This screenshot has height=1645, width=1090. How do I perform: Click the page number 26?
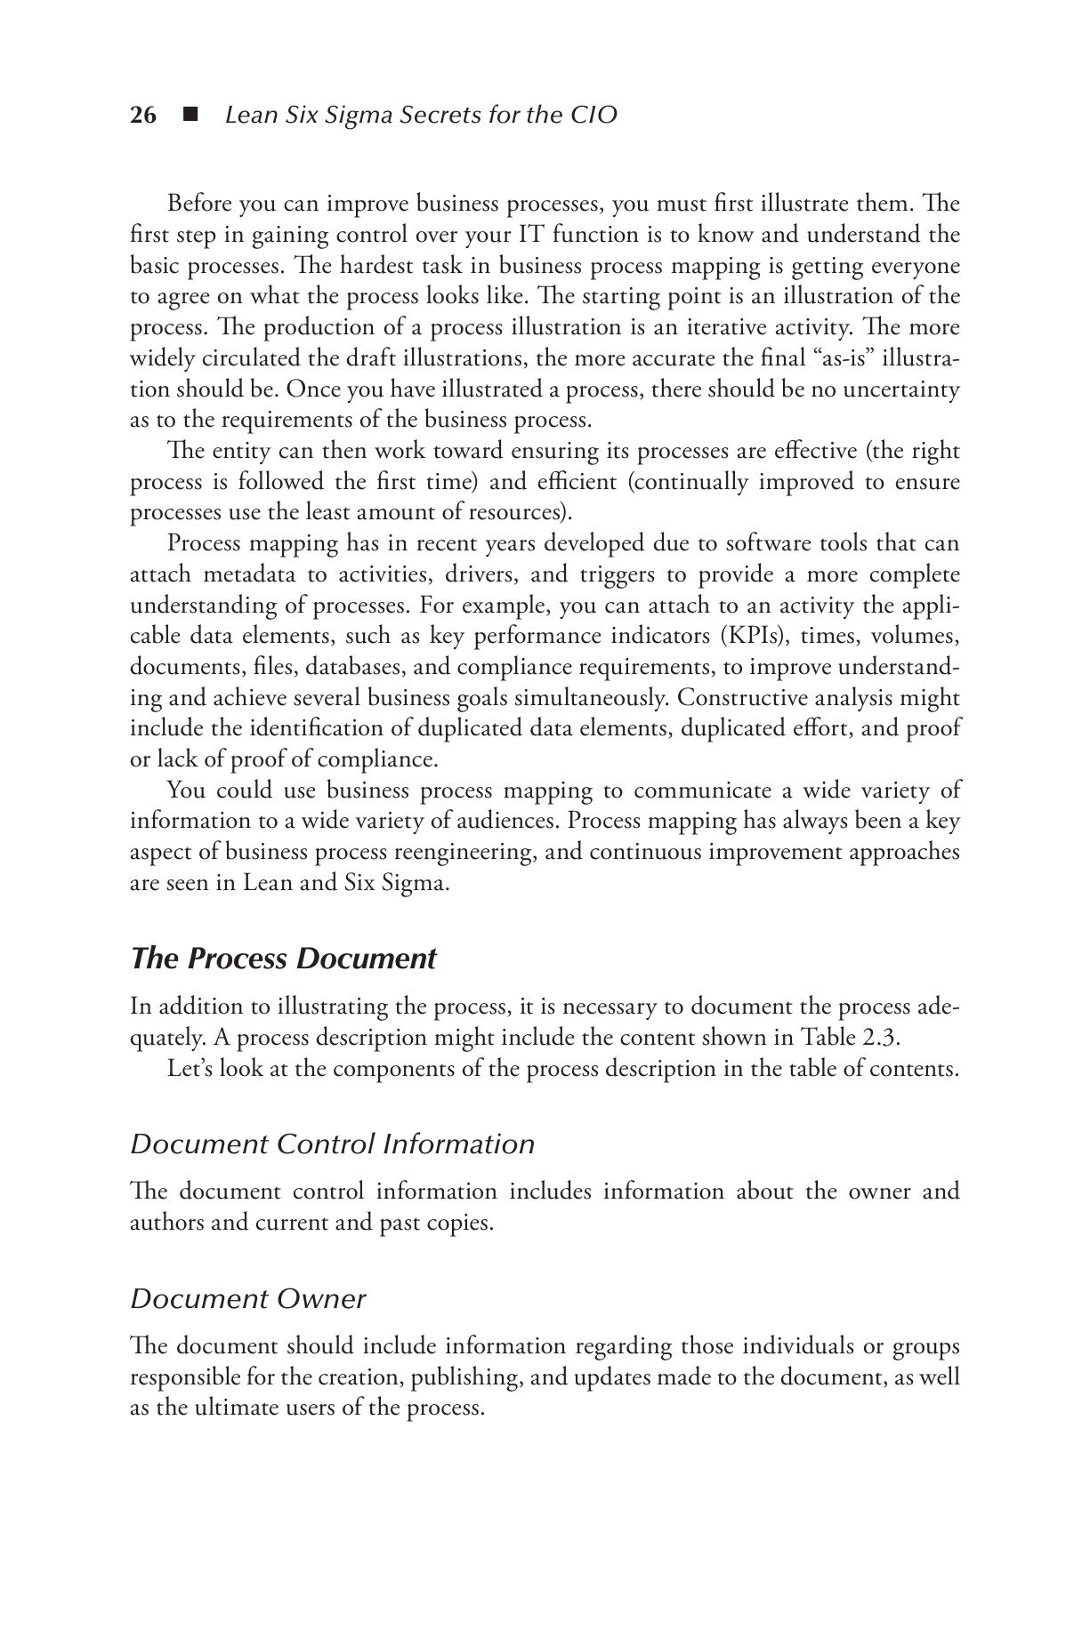point(143,115)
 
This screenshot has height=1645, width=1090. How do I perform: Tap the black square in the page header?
point(190,115)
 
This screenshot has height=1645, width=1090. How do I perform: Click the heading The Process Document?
point(283,959)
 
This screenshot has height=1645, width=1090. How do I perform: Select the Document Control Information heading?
point(333,1143)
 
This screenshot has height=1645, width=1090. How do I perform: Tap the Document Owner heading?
point(248,1299)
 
